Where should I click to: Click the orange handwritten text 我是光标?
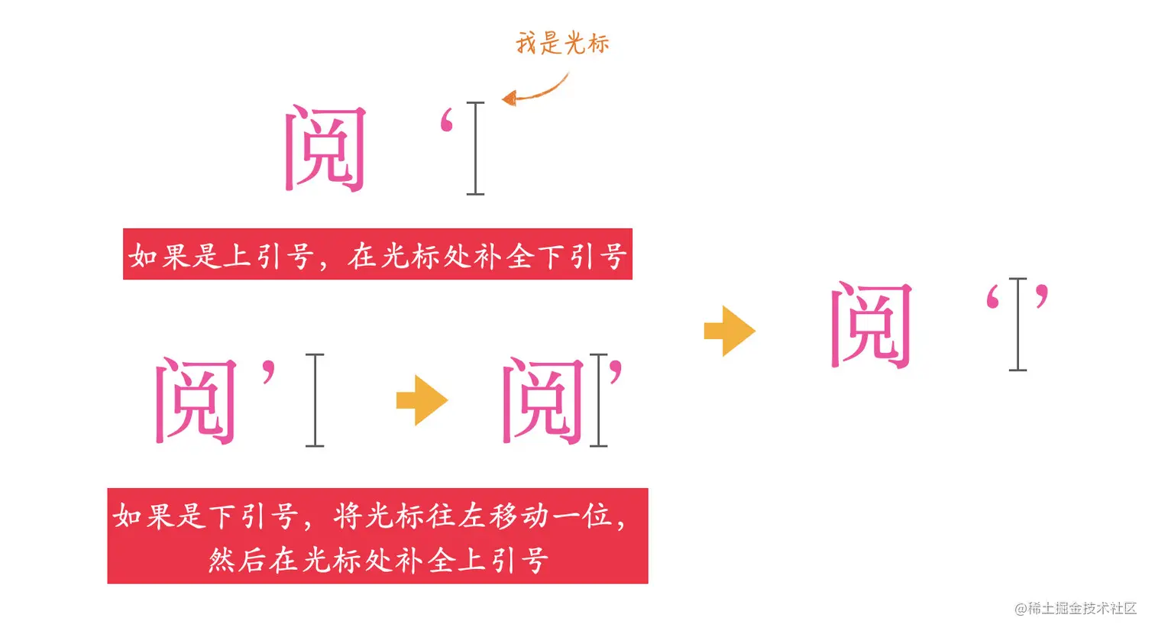click(x=562, y=43)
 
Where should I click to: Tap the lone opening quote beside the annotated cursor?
click(x=448, y=123)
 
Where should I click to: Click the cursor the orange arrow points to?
click(x=475, y=148)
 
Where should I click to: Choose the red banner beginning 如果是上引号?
click(x=377, y=254)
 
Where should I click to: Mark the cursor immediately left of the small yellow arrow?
click(x=315, y=400)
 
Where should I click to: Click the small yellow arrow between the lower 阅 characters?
click(x=422, y=400)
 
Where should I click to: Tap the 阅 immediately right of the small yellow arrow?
click(x=543, y=400)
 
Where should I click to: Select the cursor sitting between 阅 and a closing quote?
click(x=599, y=400)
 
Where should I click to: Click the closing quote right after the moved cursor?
click(x=616, y=371)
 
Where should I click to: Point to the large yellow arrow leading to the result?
click(x=730, y=332)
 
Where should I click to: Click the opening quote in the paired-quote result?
click(x=993, y=297)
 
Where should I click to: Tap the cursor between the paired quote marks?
click(x=1017, y=325)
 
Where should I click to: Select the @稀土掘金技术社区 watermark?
click(x=1076, y=609)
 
